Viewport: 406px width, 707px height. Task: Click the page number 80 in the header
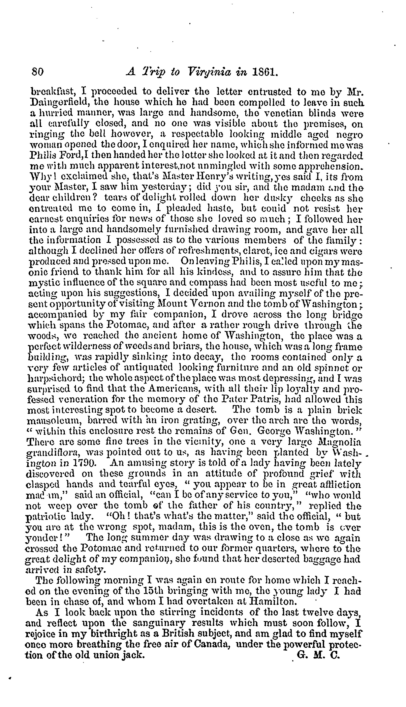click(x=37, y=73)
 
